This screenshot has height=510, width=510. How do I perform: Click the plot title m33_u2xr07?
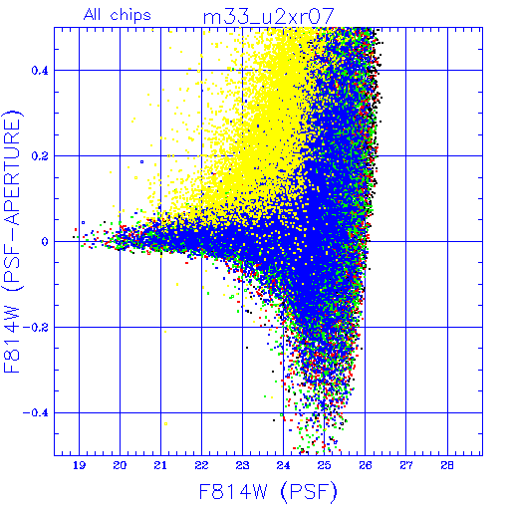click(x=268, y=17)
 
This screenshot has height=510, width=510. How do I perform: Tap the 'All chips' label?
click(x=118, y=15)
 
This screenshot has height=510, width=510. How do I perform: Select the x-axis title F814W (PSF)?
click(x=268, y=492)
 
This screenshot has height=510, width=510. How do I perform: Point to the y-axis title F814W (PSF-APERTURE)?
click(x=13, y=242)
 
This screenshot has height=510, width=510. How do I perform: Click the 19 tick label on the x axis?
click(x=79, y=465)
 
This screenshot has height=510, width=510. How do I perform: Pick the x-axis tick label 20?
click(x=120, y=465)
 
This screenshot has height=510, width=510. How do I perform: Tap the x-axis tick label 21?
click(x=160, y=465)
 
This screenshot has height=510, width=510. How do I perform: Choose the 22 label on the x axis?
click(x=201, y=465)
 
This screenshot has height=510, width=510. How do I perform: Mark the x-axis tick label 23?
click(x=242, y=465)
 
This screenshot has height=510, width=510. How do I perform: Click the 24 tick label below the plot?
click(x=283, y=465)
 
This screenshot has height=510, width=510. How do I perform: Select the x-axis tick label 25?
click(x=324, y=465)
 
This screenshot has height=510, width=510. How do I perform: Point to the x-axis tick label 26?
click(x=366, y=465)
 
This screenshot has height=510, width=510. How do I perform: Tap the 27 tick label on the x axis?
click(x=406, y=465)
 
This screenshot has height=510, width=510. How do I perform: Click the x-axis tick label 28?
click(x=447, y=465)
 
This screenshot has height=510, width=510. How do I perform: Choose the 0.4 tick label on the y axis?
click(x=40, y=71)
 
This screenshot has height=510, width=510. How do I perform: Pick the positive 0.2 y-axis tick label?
click(x=40, y=156)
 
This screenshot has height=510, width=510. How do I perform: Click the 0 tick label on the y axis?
click(x=45, y=242)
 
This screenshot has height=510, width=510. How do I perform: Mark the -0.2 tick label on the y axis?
click(x=36, y=328)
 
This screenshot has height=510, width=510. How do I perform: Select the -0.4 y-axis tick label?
click(x=36, y=413)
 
